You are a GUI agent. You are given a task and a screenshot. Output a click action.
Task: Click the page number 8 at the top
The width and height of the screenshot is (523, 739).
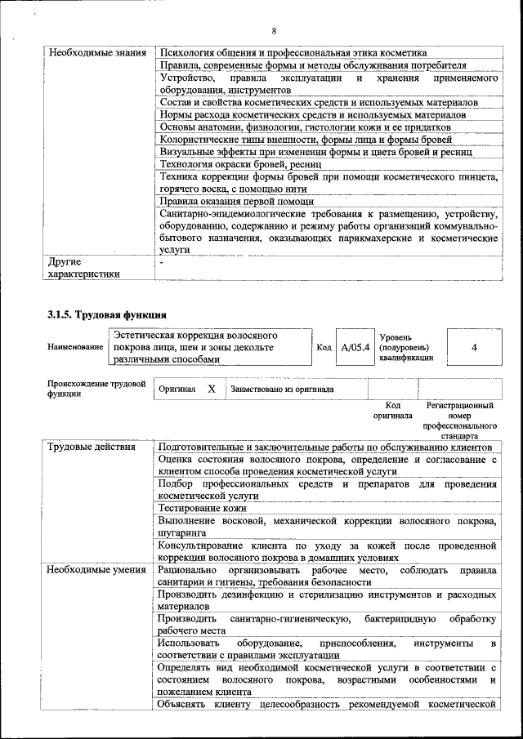point(275,31)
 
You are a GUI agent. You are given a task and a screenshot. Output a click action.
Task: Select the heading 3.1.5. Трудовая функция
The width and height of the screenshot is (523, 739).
point(107,314)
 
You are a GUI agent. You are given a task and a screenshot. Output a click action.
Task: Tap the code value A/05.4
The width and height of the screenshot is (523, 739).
point(355,347)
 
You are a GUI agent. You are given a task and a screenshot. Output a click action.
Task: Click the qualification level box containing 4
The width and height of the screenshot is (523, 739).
point(474,347)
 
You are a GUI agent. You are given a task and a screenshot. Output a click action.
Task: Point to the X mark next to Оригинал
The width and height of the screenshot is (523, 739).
point(211,390)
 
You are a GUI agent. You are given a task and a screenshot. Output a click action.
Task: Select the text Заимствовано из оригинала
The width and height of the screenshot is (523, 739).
point(283,390)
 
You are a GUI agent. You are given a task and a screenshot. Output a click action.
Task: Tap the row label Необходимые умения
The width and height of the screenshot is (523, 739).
point(92,569)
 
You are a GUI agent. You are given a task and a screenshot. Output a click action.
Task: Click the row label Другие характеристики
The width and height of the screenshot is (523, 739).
point(85,268)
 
